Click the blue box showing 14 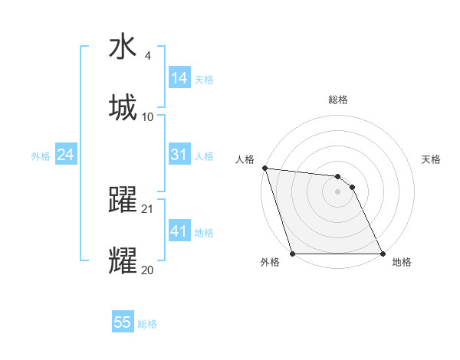tap(179, 78)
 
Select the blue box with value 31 tap(179, 155)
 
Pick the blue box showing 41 tap(179, 231)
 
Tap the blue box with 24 tap(65, 155)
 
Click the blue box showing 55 tap(123, 322)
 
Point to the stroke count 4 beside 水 tap(148, 57)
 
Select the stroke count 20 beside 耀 tap(148, 269)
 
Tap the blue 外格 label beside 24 tap(41, 155)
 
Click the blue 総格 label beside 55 tap(147, 323)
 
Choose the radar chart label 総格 tap(338, 100)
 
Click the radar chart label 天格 tap(432, 159)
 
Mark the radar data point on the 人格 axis tap(264, 169)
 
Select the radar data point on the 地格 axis tap(382, 254)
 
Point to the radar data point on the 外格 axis tap(292, 254)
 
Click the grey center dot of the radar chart tap(337, 191)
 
